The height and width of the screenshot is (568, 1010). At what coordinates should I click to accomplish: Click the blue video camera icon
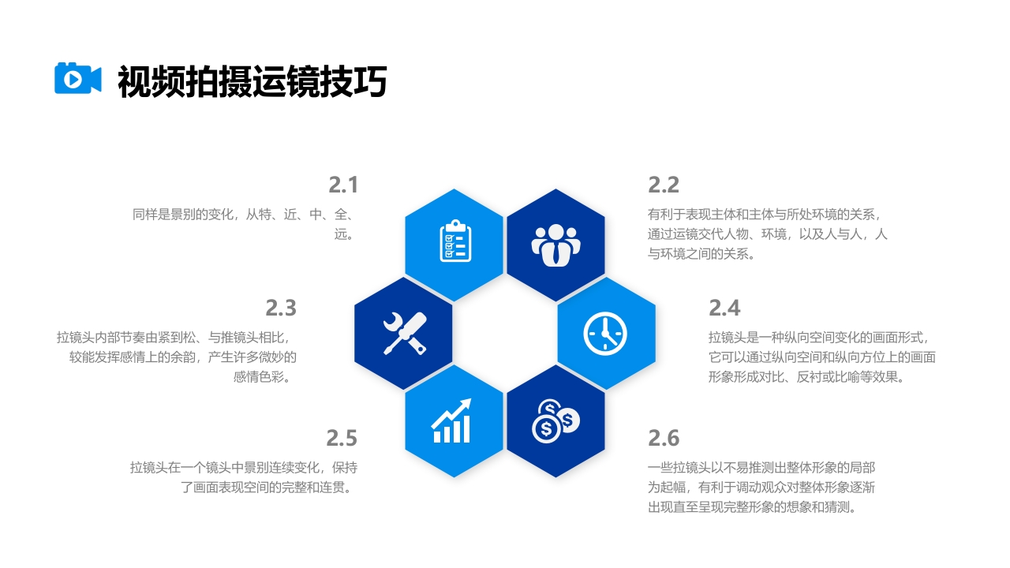[77, 78]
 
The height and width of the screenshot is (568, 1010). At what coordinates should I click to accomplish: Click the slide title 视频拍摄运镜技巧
[252, 81]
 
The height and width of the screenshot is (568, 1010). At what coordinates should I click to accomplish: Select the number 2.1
[343, 185]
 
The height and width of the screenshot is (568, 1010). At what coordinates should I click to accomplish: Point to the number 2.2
[664, 185]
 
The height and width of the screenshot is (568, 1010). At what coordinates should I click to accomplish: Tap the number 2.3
[281, 307]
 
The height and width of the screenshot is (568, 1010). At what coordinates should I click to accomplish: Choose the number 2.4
[724, 307]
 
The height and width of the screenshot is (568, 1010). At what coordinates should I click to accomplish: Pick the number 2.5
[342, 437]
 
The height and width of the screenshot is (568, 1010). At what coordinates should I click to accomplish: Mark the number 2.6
[664, 437]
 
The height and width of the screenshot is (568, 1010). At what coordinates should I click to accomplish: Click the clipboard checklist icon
[454, 241]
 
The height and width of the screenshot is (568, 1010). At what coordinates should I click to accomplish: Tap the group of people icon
[555, 244]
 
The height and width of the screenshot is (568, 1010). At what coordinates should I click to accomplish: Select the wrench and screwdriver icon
[404, 333]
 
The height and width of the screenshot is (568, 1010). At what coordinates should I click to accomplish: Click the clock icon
[605, 333]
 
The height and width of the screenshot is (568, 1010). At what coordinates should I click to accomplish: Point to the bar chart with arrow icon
[452, 421]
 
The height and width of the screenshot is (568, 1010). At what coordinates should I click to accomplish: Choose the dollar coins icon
[555, 420]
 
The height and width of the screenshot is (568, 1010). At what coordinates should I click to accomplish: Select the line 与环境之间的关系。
[701, 254]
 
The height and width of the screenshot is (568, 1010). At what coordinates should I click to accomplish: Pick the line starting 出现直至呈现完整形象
[752, 507]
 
